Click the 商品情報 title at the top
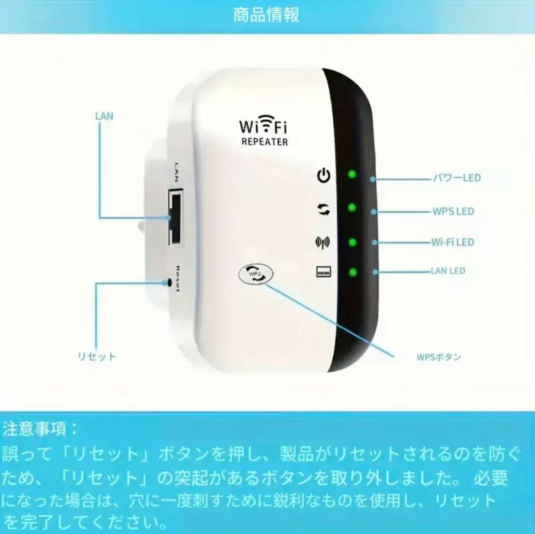coord(266,15)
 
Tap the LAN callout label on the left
coord(104,116)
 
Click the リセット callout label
coord(97,356)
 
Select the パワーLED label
coord(457,178)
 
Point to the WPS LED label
coord(453,212)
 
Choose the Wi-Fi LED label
coord(453,242)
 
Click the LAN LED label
coord(448,271)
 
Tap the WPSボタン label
coord(439,357)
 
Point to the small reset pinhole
coord(170,283)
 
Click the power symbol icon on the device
coord(324,175)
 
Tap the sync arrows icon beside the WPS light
coord(324,209)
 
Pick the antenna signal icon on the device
coord(323,242)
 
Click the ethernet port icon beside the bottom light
coord(324,272)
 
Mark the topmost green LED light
coord(352,174)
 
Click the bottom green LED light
coord(353,272)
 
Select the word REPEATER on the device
coord(265,141)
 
